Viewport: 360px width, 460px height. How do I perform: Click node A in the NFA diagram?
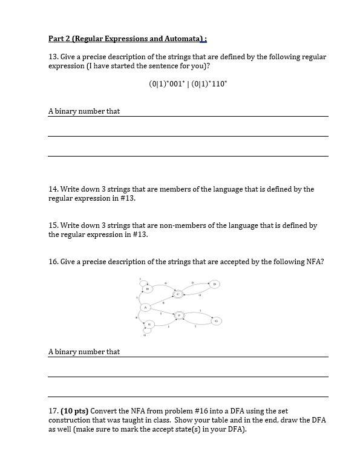pos(145,307)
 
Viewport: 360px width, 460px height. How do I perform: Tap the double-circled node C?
pos(178,294)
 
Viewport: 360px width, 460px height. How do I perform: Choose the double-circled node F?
pos(178,315)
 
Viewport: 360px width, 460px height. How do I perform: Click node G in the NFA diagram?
pos(217,320)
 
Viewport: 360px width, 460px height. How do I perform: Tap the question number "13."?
pos(53,57)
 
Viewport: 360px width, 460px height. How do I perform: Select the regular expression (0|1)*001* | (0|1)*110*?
pos(188,85)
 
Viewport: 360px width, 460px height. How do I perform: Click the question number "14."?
pos(53,189)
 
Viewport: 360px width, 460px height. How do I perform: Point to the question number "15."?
pos(53,225)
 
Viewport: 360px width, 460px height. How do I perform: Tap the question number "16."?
pos(53,262)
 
